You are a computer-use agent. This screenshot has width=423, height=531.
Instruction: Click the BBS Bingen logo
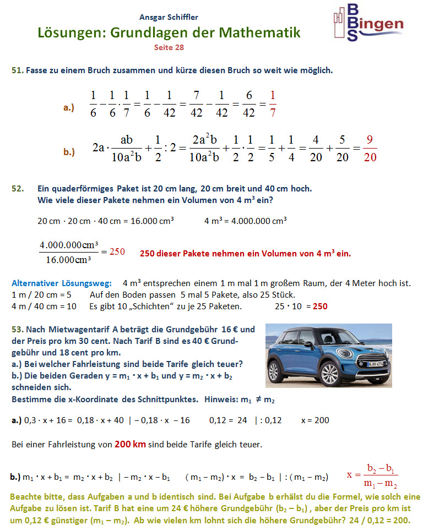(x=367, y=23)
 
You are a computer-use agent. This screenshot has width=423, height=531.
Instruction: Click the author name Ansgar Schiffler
(x=169, y=17)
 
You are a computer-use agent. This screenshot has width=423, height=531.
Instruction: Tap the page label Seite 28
(x=169, y=47)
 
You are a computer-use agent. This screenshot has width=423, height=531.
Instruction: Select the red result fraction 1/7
(x=273, y=103)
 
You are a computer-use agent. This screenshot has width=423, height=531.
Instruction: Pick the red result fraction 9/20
(x=370, y=148)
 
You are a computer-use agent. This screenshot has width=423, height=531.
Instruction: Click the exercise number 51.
(x=17, y=70)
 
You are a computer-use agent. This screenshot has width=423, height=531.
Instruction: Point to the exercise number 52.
(x=18, y=189)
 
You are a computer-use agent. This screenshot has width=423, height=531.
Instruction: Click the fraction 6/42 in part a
(x=249, y=103)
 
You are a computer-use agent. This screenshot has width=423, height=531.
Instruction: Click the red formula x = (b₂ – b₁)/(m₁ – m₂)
(x=372, y=475)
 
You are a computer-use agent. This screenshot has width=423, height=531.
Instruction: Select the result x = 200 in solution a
(x=315, y=420)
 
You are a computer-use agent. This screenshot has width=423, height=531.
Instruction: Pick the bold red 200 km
(x=130, y=444)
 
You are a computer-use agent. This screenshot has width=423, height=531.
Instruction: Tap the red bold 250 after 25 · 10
(x=320, y=306)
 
